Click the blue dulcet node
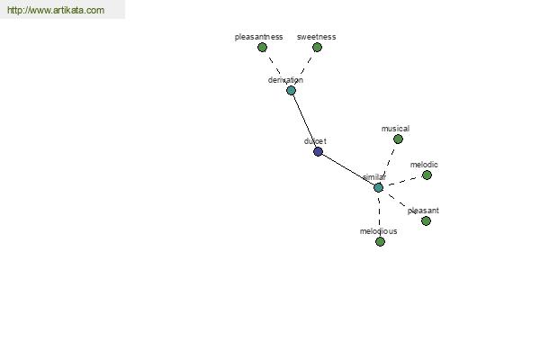[x=318, y=151]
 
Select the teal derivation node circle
[x=291, y=91]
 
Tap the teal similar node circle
[x=379, y=188]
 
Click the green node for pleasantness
[x=263, y=47]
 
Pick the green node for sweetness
[x=317, y=47]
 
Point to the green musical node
[x=398, y=139]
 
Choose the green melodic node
[x=427, y=175]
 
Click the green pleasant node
[x=426, y=220]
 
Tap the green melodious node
[x=380, y=242]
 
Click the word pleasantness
[x=258, y=37]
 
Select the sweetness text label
[x=316, y=37]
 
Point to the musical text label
[x=395, y=129]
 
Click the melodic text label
[x=424, y=165]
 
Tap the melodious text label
[x=379, y=231]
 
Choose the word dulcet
[x=315, y=141]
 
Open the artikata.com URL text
[x=56, y=10]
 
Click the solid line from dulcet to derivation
[x=304, y=121]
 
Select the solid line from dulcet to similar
[x=348, y=169]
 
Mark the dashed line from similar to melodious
[x=379, y=214]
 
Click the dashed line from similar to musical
[x=389, y=163]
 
